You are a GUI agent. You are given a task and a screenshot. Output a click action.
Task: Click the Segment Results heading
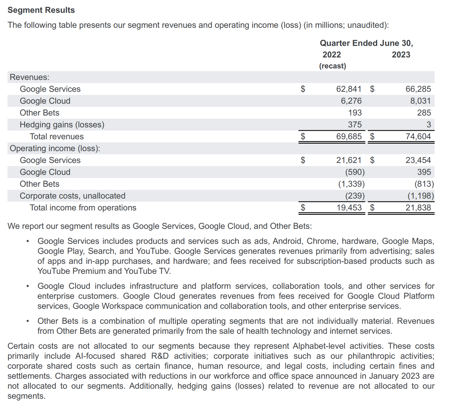click(x=41, y=10)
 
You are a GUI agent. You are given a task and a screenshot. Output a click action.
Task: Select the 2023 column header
click(x=401, y=55)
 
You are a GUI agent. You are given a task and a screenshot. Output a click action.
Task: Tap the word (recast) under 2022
click(x=333, y=66)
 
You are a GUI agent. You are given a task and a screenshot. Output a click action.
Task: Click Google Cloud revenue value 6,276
click(x=351, y=101)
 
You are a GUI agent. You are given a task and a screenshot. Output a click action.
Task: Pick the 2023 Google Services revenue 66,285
click(x=418, y=89)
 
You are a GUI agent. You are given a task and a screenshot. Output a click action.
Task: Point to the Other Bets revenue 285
click(x=424, y=113)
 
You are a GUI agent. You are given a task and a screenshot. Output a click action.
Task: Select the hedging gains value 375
click(x=355, y=125)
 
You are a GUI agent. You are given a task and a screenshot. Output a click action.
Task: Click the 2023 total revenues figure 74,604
click(x=418, y=136)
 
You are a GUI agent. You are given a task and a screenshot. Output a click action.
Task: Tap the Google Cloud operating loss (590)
click(x=355, y=172)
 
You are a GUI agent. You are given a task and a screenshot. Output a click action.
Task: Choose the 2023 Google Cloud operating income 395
click(x=424, y=172)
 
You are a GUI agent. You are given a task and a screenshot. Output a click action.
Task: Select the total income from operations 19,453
click(x=349, y=208)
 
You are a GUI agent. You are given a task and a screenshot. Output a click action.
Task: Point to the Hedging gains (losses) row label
click(x=62, y=125)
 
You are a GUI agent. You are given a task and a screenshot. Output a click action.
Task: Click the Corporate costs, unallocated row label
click(x=72, y=196)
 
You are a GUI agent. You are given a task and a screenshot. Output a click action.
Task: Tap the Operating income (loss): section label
click(x=55, y=148)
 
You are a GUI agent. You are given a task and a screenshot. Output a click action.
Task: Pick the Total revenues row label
click(x=57, y=136)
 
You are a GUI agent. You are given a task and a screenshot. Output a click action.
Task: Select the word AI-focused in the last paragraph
click(x=95, y=356)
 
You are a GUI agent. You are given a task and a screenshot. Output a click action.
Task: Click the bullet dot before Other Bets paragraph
click(x=28, y=321)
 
